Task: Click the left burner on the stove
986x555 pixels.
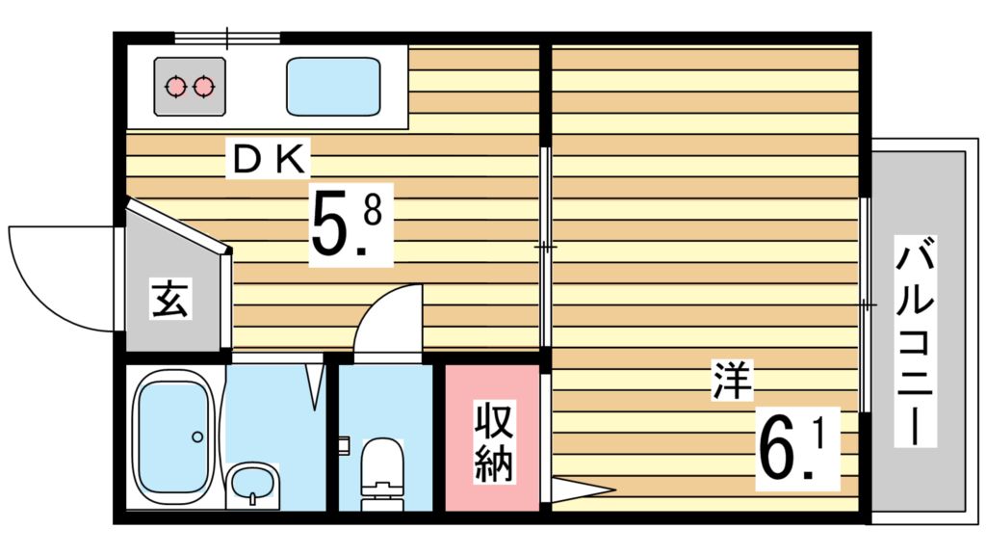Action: click(x=175, y=87)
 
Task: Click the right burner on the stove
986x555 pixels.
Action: click(x=203, y=87)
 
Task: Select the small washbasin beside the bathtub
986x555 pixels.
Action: click(x=252, y=482)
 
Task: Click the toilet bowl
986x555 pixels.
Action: click(x=384, y=462)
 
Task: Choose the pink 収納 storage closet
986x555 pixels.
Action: click(x=492, y=438)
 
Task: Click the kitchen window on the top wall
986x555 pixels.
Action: click(x=227, y=39)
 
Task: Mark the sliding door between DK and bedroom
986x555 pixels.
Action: click(x=546, y=249)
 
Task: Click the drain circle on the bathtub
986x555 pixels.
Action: click(x=197, y=436)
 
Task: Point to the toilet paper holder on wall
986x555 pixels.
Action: click(x=343, y=444)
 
